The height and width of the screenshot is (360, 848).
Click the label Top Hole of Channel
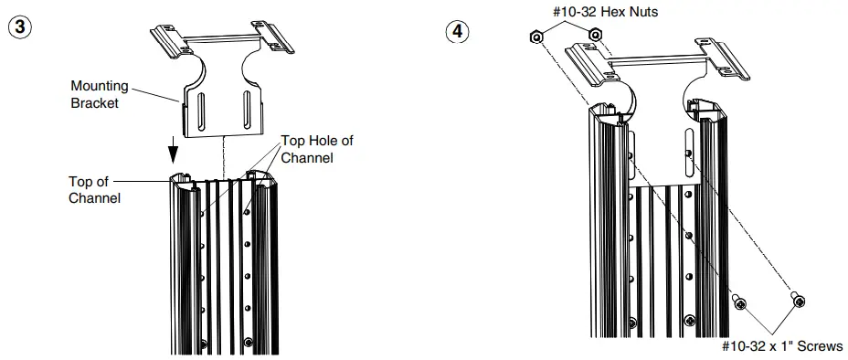[x=316, y=148]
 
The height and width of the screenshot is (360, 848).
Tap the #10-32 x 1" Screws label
[x=782, y=346]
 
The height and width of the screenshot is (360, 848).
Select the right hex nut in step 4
[x=595, y=35]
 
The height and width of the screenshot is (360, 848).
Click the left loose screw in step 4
[x=739, y=302]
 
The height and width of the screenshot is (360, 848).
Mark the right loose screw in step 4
[x=798, y=299]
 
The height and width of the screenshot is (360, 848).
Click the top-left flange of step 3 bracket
[x=168, y=40]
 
